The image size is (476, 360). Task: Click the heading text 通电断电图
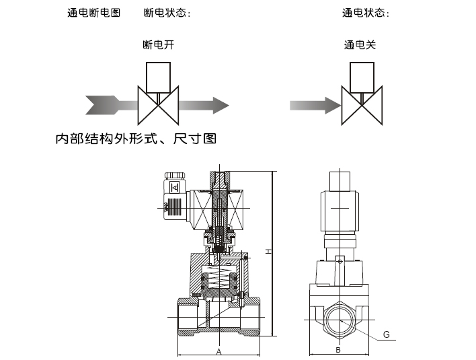(94, 13)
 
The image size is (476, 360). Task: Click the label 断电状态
(167, 13)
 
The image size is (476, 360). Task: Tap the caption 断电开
(159, 45)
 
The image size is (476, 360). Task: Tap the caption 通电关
(360, 45)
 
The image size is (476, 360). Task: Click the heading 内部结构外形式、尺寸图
(136, 141)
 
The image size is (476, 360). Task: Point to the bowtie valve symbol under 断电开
(159, 106)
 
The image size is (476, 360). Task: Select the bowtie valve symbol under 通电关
(362, 106)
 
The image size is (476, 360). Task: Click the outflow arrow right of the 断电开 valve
(205, 105)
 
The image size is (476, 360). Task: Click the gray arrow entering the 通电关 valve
(315, 106)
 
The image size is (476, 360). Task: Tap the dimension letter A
(219, 351)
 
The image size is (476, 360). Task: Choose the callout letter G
(386, 334)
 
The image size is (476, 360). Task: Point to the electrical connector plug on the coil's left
(171, 195)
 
